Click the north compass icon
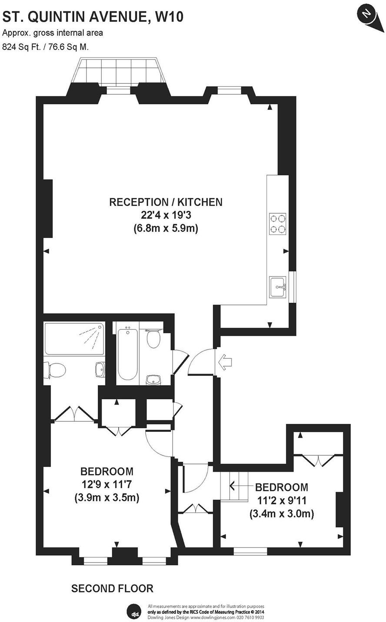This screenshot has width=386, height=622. (x=367, y=16)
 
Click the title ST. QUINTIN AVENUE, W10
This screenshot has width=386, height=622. (x=93, y=17)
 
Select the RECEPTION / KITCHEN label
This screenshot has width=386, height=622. (x=166, y=202)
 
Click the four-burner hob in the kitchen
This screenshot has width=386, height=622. (x=278, y=223)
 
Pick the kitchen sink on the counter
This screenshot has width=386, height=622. (x=278, y=287)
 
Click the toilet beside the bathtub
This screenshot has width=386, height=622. (x=153, y=339)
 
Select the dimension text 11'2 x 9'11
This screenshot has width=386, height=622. (x=282, y=500)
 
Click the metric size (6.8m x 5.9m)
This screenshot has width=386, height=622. (x=166, y=228)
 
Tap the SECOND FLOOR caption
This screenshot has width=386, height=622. (x=112, y=589)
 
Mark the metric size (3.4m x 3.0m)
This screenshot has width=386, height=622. (x=282, y=514)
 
